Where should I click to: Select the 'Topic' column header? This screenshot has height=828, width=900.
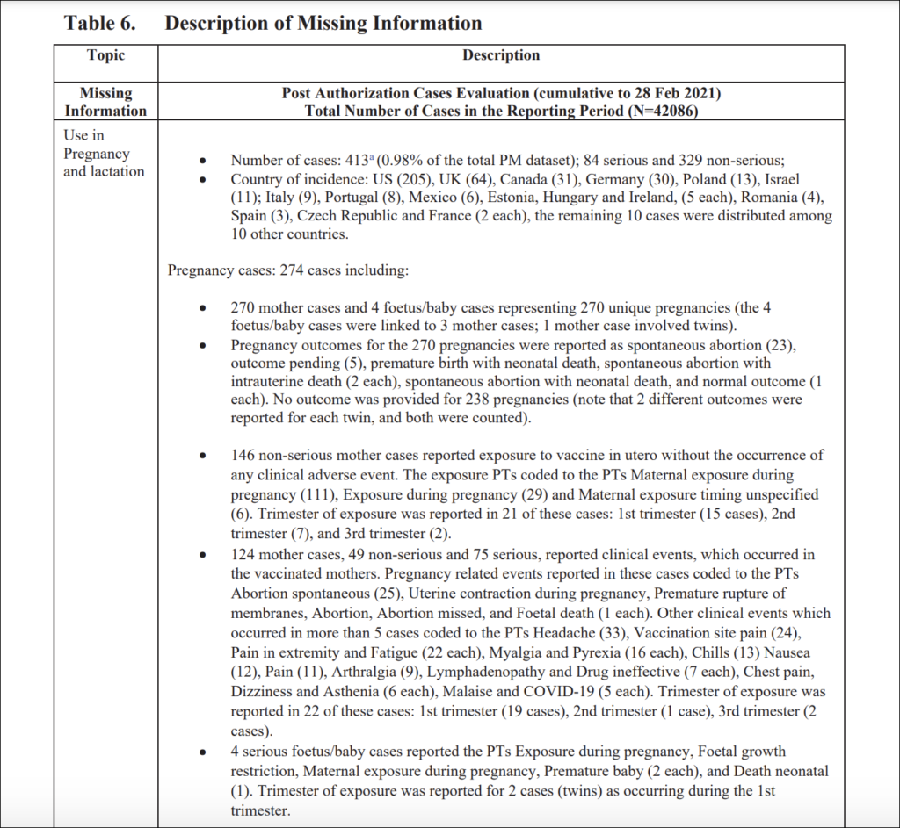pyautogui.click(x=105, y=55)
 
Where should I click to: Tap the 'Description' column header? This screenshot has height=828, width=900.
pyautogui.click(x=501, y=55)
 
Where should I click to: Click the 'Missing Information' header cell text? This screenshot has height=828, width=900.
pyautogui.click(x=105, y=102)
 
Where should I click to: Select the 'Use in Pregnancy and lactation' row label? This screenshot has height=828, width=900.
pyautogui.click(x=104, y=154)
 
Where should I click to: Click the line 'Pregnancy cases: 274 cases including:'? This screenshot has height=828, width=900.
pyautogui.click(x=287, y=270)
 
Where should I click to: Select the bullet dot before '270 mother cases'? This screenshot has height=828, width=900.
pyautogui.click(x=204, y=309)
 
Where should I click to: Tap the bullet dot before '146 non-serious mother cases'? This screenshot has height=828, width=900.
pyautogui.click(x=204, y=457)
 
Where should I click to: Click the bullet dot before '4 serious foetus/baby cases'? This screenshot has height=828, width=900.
pyautogui.click(x=204, y=752)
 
